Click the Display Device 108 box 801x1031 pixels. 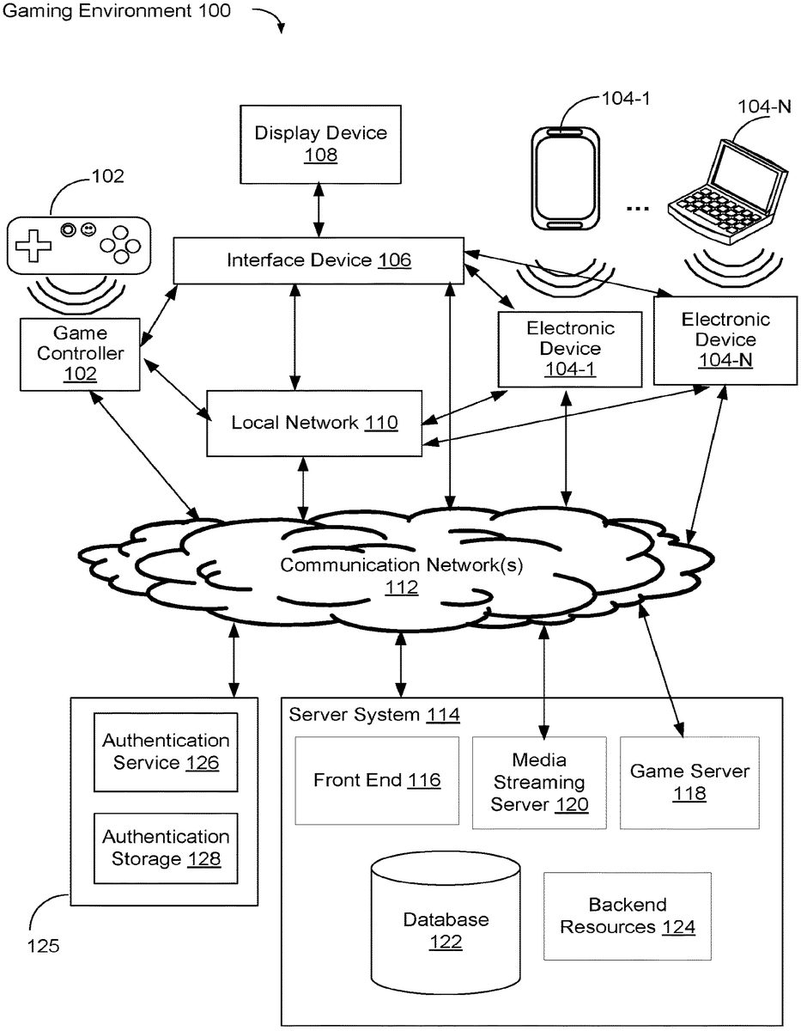pos(320,143)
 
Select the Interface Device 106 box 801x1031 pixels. pos(319,260)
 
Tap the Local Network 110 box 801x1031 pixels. pos(314,423)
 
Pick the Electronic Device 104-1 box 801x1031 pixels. pos(570,349)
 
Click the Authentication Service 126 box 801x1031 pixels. pos(166,751)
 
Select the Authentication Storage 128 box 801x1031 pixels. pos(166,847)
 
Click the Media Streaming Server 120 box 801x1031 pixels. pos(539,782)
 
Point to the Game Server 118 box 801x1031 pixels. pos(689,782)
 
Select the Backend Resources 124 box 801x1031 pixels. pos(628,916)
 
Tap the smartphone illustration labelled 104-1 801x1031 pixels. pos(562,178)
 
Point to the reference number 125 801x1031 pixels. pos(43,947)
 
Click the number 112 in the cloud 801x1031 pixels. pos(401,588)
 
